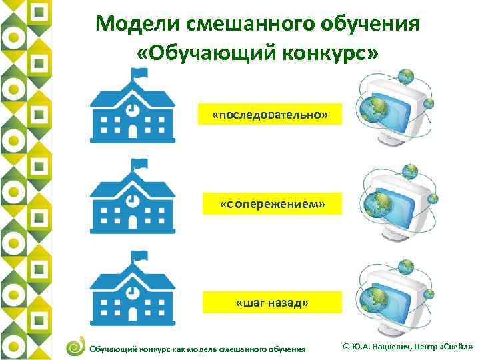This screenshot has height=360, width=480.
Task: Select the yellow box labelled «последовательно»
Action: pos(270,115)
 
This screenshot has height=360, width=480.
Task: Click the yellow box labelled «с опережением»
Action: pos(273,203)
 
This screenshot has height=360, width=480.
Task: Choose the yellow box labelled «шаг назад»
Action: pos(273,303)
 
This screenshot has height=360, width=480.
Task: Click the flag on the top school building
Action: pos(140,76)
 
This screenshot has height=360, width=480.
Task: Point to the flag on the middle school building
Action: pos(140,164)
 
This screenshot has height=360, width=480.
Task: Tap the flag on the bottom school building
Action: pos(140,256)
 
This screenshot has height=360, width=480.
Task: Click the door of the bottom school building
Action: pos(133,313)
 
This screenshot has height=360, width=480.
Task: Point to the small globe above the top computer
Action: pos(404,77)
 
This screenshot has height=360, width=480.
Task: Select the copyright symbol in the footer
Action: pos(345,347)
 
